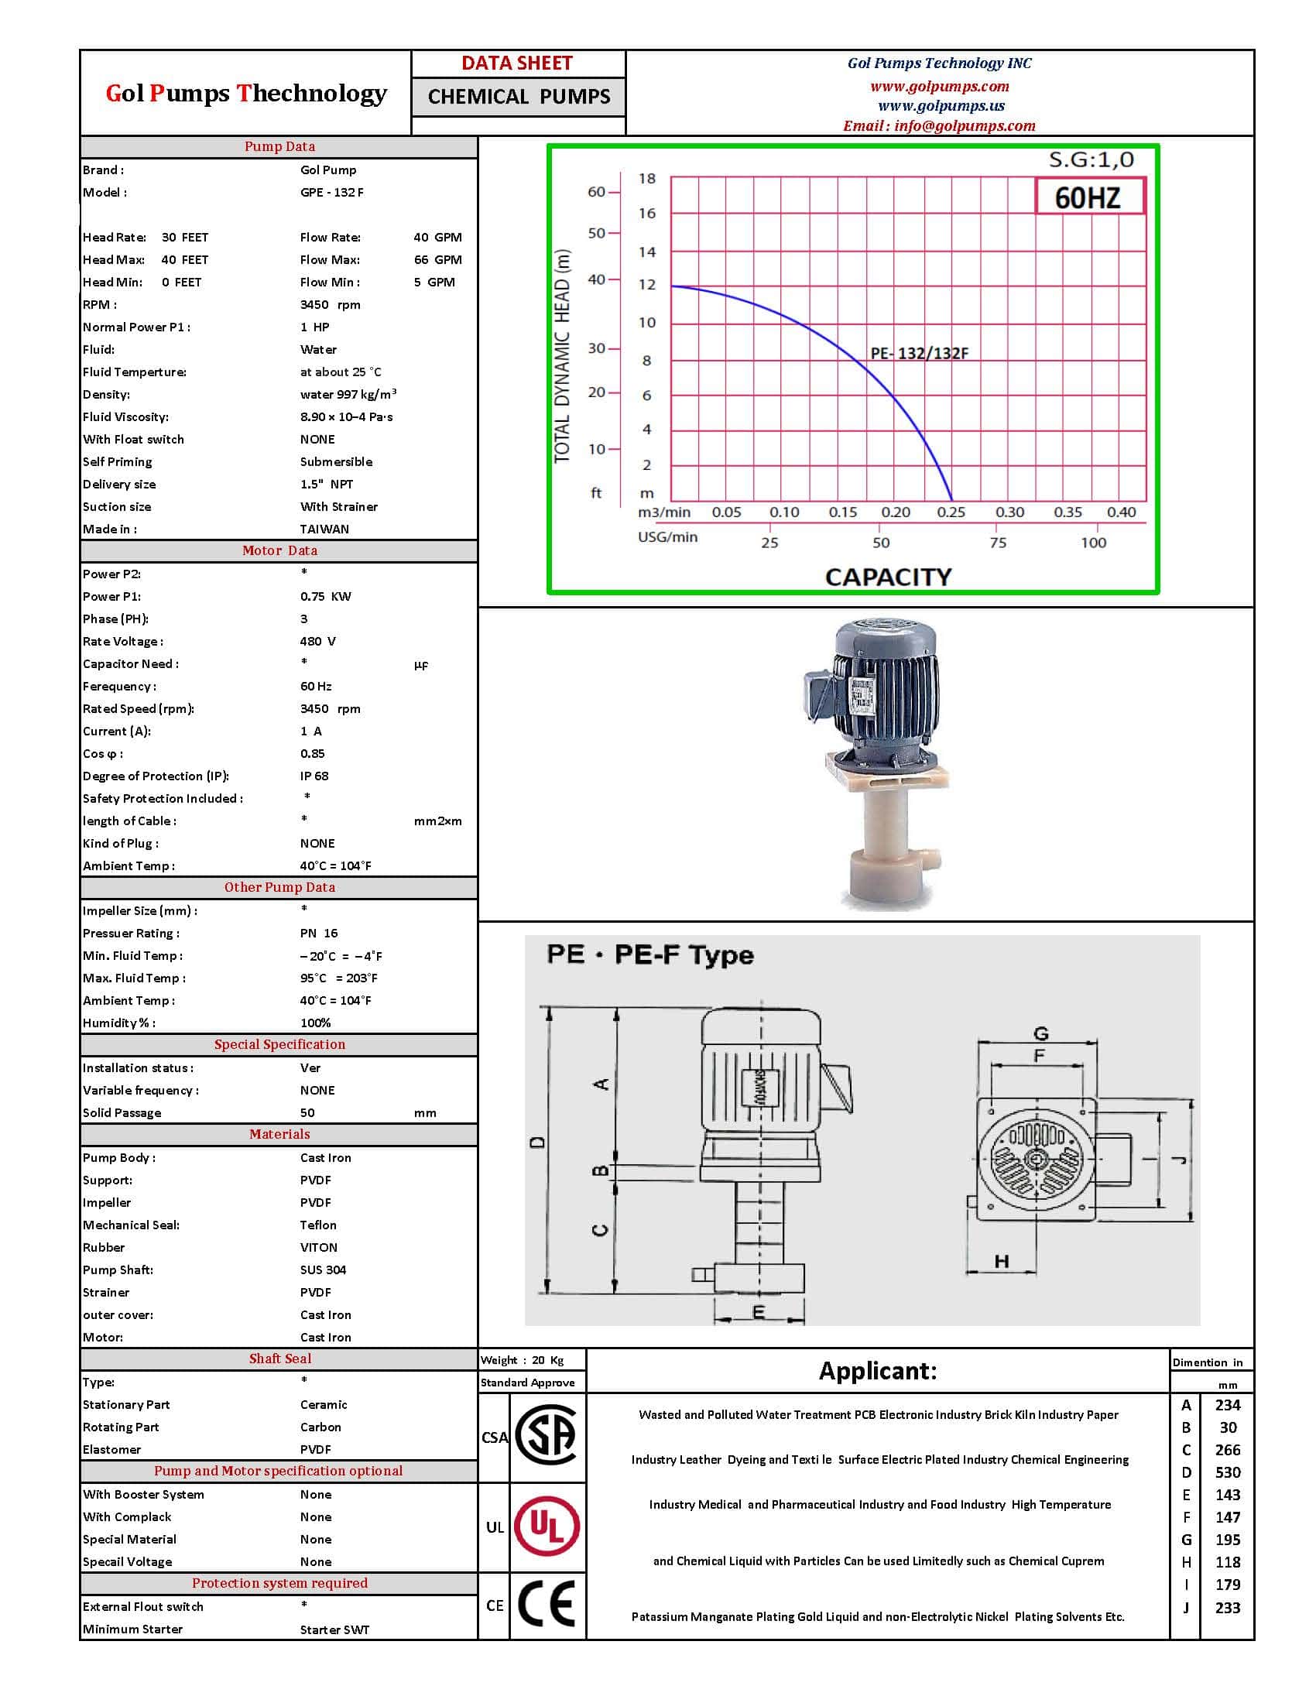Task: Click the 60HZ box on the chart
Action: click(1089, 197)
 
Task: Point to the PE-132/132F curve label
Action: click(919, 353)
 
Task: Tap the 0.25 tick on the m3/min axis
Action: click(951, 512)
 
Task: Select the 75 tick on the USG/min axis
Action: click(998, 543)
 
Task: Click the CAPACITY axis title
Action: click(888, 577)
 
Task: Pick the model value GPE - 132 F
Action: click(331, 192)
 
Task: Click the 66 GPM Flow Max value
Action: click(437, 259)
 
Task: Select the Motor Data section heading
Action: click(279, 550)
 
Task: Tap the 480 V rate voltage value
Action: click(318, 641)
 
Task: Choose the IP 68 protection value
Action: click(314, 776)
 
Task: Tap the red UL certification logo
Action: click(547, 1526)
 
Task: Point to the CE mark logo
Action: click(547, 1605)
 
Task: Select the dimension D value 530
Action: click(1227, 1472)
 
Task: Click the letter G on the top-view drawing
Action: click(1040, 1034)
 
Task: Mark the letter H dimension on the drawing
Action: click(1002, 1261)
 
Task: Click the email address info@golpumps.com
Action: click(939, 125)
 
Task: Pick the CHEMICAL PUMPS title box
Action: click(519, 97)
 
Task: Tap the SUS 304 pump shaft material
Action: click(323, 1270)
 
